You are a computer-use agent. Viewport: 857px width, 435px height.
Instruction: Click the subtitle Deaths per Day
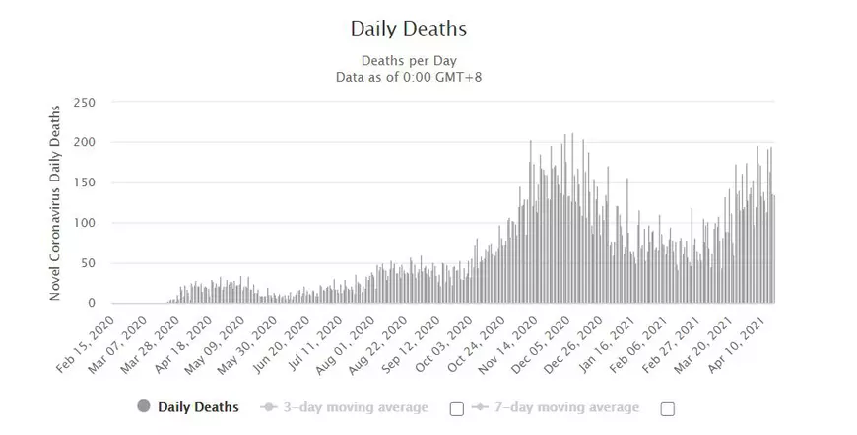click(408, 59)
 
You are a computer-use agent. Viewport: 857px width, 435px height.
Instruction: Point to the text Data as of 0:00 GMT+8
click(408, 76)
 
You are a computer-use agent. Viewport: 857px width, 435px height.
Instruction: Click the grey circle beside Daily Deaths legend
click(143, 407)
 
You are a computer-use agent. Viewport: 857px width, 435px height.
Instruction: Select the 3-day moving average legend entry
click(346, 407)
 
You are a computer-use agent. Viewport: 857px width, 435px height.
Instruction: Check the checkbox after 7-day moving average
click(667, 408)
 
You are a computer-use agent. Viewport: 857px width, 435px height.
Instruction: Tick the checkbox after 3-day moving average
click(456, 408)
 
